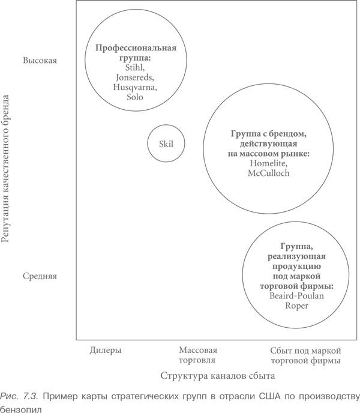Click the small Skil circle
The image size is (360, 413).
click(x=166, y=143)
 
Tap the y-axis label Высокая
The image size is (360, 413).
click(x=40, y=61)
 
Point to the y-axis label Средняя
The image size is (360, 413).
click(x=40, y=276)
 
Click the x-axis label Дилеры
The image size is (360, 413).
click(x=106, y=350)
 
